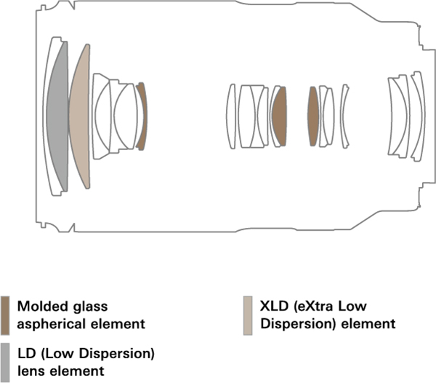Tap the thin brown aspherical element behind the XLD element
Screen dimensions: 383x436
click(142, 117)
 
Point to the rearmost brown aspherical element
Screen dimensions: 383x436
click(313, 117)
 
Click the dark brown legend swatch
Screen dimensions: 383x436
click(5, 314)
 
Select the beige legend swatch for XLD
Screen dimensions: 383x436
click(248, 314)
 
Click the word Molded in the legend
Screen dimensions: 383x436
click(38, 306)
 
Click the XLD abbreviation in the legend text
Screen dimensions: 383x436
click(275, 306)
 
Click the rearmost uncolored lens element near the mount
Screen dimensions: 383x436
click(417, 117)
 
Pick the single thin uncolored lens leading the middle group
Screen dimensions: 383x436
click(230, 117)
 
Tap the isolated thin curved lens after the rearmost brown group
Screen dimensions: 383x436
click(344, 117)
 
